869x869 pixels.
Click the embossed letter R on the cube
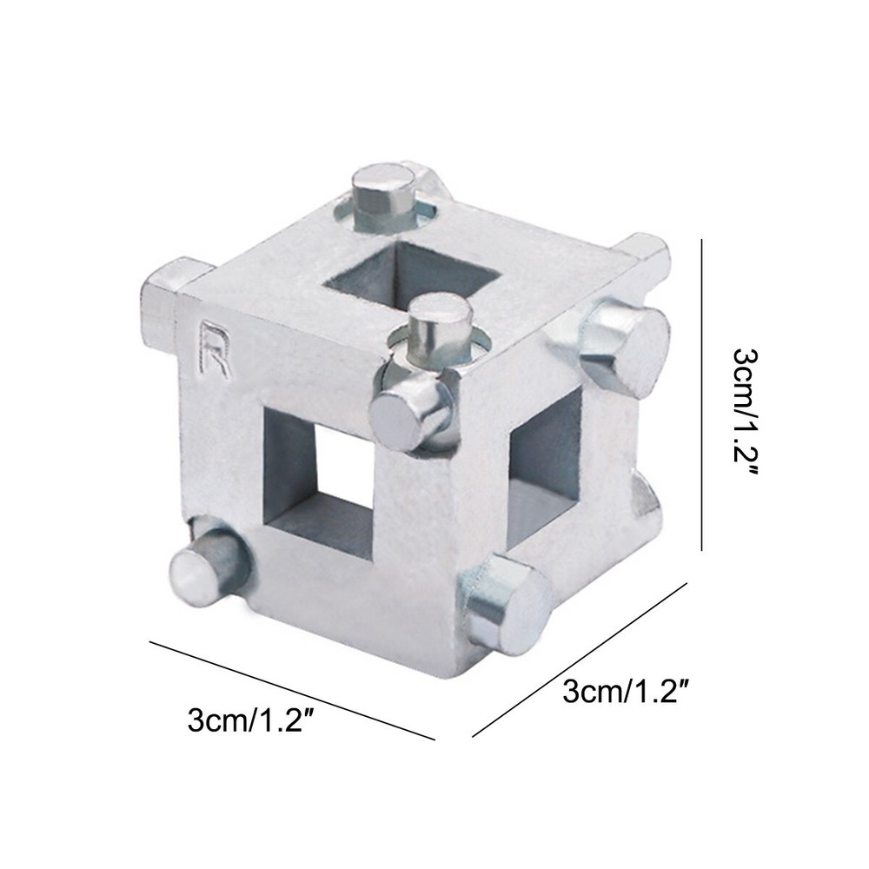pyautogui.click(x=213, y=350)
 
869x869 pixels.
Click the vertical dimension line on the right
pyautogui.click(x=701, y=396)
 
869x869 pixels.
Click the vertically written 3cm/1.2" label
pyautogui.click(x=748, y=412)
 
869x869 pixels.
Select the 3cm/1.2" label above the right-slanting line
pyautogui.click(x=631, y=693)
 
